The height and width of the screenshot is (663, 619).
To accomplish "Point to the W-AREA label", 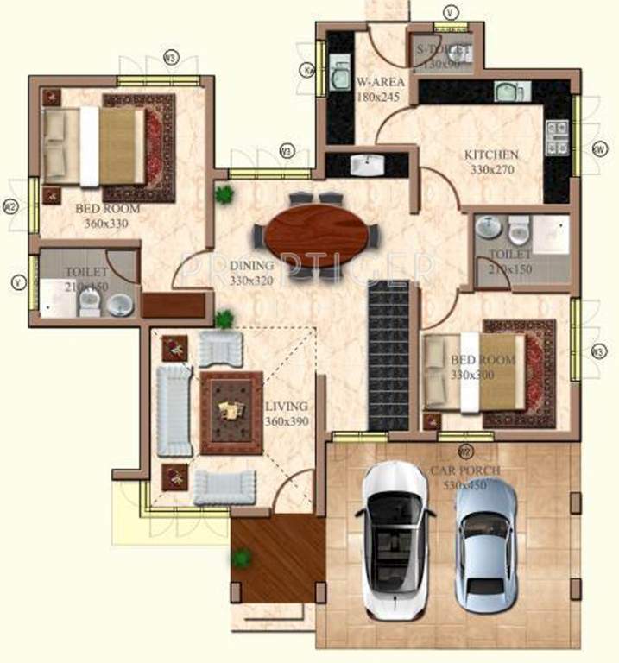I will [377, 84].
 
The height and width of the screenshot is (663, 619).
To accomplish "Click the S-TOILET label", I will [439, 49].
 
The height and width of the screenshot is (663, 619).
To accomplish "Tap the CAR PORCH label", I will [465, 471].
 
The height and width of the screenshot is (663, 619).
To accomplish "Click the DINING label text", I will [251, 266].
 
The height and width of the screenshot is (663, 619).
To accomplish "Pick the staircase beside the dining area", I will [388, 355].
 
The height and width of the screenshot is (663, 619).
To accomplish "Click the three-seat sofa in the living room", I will [174, 410].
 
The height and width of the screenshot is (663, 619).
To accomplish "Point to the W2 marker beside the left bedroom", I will [10, 207].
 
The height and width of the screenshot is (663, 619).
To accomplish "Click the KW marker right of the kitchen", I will [597, 148].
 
